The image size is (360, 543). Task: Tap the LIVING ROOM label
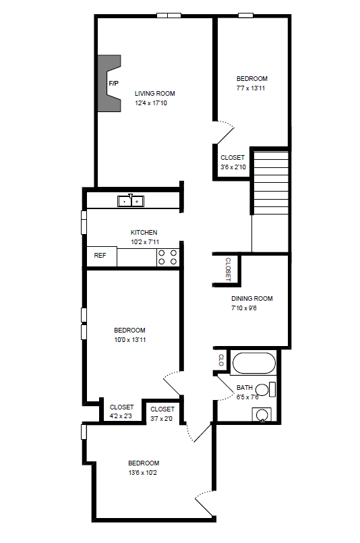click(155, 94)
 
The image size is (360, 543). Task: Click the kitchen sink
click(130, 200)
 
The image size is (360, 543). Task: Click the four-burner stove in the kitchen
click(168, 257)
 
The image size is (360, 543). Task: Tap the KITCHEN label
click(144, 232)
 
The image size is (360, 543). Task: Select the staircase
click(270, 182)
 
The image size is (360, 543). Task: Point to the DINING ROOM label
click(251, 299)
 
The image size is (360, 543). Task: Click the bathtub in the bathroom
click(253, 364)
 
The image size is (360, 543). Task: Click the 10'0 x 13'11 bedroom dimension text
click(129, 340)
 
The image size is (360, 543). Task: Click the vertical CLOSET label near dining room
click(228, 268)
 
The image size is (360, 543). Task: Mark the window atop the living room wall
click(169, 15)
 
